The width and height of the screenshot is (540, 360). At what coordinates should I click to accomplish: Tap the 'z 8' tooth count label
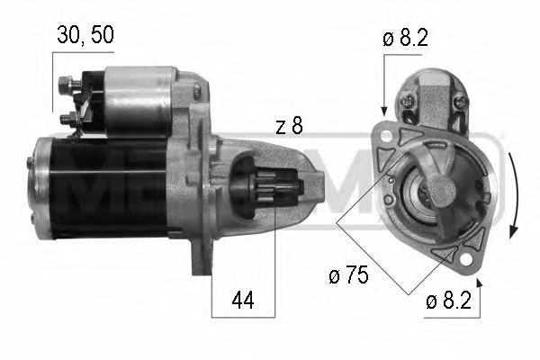(289, 127)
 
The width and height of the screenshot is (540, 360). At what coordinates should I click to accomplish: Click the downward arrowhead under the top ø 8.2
(384, 110)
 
